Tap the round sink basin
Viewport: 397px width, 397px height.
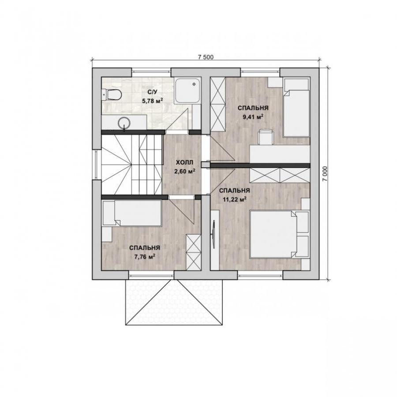click(x=124, y=123)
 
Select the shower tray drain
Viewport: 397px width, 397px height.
click(x=194, y=84)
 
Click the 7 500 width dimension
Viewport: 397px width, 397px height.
click(x=206, y=57)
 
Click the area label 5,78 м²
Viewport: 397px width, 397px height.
click(x=152, y=101)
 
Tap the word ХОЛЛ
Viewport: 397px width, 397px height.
click(x=184, y=162)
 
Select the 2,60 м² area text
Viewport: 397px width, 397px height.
click(x=184, y=172)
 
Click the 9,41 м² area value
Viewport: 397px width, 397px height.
click(x=253, y=117)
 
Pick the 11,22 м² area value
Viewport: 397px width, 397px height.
click(x=235, y=199)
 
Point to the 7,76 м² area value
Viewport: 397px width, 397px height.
click(x=145, y=257)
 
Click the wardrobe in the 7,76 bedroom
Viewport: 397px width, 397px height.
click(x=194, y=252)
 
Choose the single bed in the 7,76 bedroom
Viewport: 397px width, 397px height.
click(x=132, y=213)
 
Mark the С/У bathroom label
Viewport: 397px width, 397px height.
click(x=152, y=91)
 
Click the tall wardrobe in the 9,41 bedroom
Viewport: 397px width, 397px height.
click(x=218, y=104)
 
